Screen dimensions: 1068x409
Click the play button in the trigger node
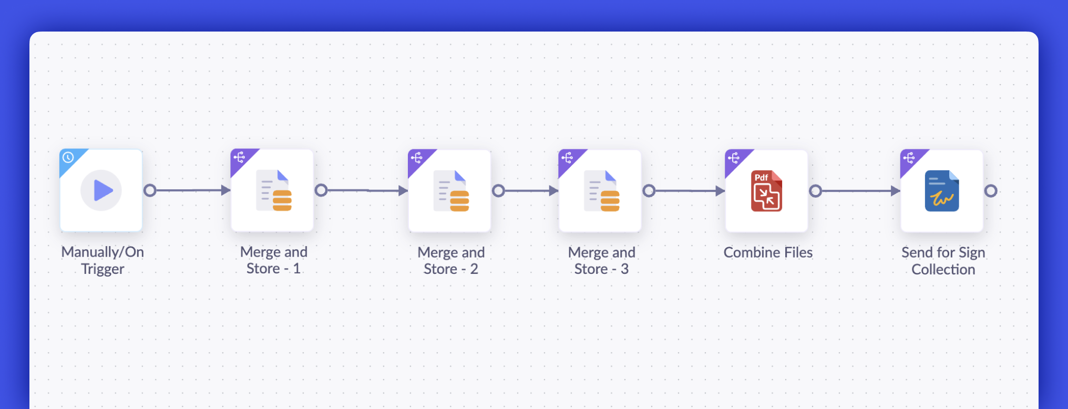click(x=101, y=190)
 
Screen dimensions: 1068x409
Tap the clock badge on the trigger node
click(x=68, y=157)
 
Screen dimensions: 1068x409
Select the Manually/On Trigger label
click(x=102, y=260)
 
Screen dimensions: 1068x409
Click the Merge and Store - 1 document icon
click(x=274, y=190)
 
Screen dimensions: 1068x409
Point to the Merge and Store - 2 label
click(x=451, y=261)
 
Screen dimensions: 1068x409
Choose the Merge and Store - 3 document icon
click(x=602, y=191)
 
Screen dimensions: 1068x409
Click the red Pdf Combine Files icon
click(x=766, y=191)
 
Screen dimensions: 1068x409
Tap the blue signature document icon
click(x=942, y=191)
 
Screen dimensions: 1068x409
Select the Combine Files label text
click(x=768, y=252)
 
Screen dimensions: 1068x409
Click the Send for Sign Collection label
click(x=943, y=261)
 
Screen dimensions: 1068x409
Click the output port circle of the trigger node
click(x=150, y=190)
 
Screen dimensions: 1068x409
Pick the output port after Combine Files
click(x=815, y=191)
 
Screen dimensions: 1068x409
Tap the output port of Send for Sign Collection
click(x=991, y=191)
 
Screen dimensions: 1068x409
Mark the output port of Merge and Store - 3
click(x=649, y=191)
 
